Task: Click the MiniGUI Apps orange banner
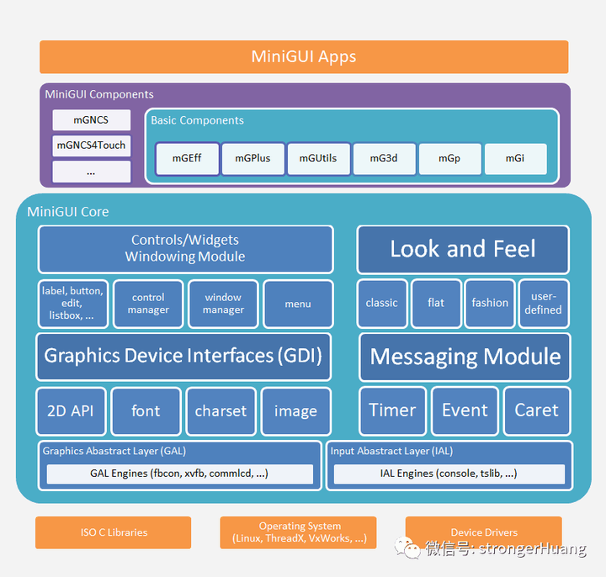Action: (303, 57)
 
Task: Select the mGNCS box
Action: (91, 120)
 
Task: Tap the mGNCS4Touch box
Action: (91, 146)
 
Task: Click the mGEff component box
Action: (187, 158)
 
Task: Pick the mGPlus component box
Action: (252, 158)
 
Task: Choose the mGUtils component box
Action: (318, 158)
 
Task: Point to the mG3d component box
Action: (384, 158)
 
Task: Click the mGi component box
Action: (515, 158)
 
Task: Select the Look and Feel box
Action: (463, 249)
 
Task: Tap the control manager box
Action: (148, 304)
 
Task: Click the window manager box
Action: (223, 304)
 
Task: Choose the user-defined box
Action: (544, 304)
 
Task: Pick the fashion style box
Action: (490, 304)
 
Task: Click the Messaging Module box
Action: (465, 357)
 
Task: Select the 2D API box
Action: (71, 411)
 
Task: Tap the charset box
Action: (221, 411)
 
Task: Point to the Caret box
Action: (536, 410)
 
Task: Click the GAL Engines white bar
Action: (179, 474)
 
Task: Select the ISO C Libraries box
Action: (114, 532)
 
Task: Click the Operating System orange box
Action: (300, 532)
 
